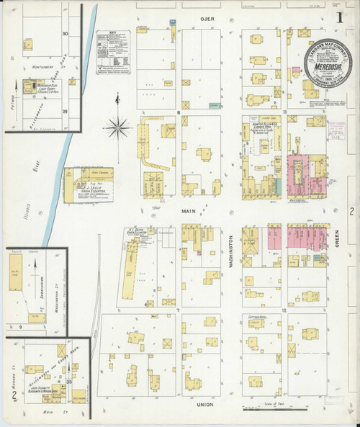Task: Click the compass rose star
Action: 117,129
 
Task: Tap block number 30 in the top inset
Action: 65,34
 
